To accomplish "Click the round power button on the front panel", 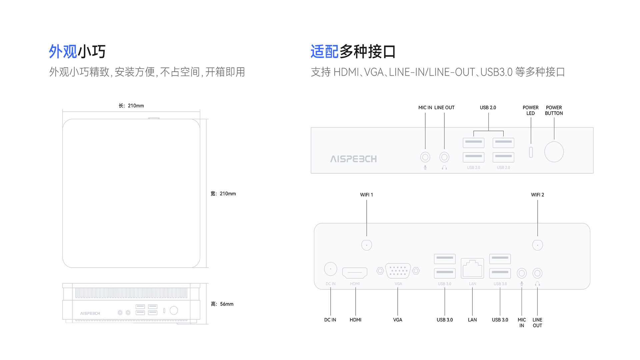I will tap(554, 152).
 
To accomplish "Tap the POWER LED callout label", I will tap(530, 110).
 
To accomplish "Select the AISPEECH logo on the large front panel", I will tap(353, 159).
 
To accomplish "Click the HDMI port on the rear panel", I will tap(355, 273).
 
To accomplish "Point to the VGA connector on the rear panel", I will tap(398, 271).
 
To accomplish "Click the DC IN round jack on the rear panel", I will tap(330, 269).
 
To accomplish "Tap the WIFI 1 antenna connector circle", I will tap(366, 245).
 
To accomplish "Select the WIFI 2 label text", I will tap(537, 195).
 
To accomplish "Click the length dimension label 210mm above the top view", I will tap(131, 106).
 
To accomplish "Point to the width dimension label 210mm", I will tap(223, 194).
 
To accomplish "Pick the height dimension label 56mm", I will tap(222, 304).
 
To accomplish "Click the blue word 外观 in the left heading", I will tap(63, 52).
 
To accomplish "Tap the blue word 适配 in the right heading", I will tap(324, 52).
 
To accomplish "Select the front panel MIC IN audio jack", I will tap(425, 157).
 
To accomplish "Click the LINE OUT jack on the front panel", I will tap(444, 157).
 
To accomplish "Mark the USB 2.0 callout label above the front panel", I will tap(488, 108).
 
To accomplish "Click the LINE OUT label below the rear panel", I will tap(537, 323).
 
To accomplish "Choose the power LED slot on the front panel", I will tap(531, 152).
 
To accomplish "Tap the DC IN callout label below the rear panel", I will tap(330, 320).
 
